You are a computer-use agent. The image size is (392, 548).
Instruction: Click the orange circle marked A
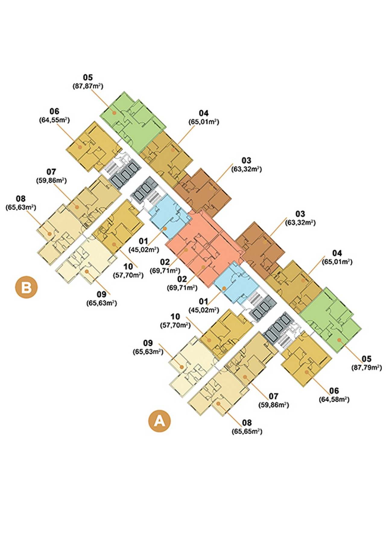[x=160, y=421]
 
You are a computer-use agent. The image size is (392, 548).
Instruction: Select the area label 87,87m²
[x=88, y=86]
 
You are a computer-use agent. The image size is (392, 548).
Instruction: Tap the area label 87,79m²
[x=366, y=368]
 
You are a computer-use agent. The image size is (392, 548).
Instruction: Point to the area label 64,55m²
[x=54, y=120]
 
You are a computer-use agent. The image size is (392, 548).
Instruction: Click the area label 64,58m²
[x=334, y=400]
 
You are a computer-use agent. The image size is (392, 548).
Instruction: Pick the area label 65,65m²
[x=247, y=432]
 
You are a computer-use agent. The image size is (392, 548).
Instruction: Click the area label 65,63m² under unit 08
[x=21, y=207]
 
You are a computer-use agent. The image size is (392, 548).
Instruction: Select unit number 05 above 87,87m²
[x=88, y=78]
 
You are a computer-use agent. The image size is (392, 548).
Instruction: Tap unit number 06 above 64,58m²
[x=334, y=391]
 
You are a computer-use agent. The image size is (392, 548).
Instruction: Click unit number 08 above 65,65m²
[x=247, y=423]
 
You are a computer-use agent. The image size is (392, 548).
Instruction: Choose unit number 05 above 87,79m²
[x=367, y=359]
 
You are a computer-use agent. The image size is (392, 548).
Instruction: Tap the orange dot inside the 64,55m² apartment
[x=80, y=147]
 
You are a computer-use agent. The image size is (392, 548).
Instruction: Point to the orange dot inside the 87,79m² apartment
[x=339, y=340]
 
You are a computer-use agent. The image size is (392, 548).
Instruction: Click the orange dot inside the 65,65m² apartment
[x=218, y=404]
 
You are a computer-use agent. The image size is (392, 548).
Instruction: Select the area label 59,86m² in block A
[x=273, y=405]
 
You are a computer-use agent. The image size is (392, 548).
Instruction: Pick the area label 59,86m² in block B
[x=51, y=181]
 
